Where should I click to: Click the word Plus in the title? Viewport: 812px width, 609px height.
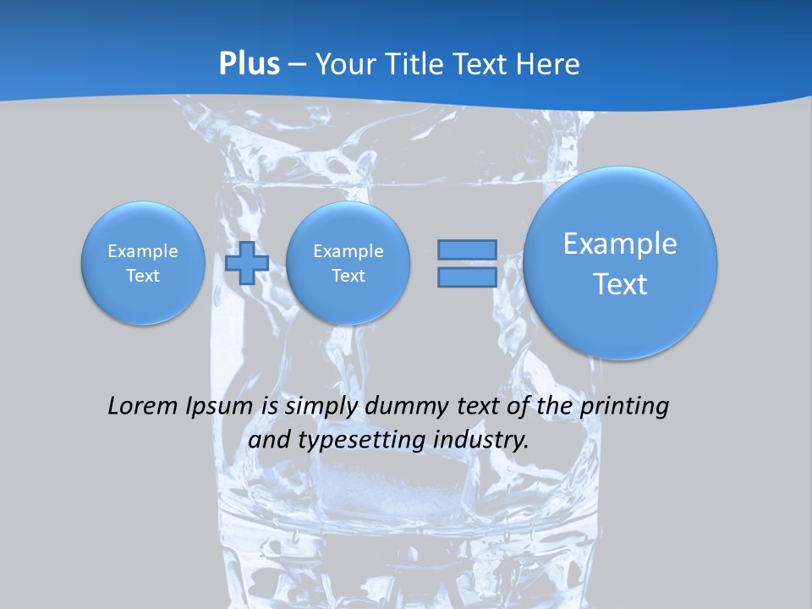click(250, 64)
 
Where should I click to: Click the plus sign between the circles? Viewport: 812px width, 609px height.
click(247, 262)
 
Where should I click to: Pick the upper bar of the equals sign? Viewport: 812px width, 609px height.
click(467, 250)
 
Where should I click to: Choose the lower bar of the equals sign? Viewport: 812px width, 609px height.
click(467, 277)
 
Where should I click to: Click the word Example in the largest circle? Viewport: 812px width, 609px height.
click(620, 244)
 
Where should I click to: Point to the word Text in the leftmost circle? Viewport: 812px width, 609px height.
click(143, 276)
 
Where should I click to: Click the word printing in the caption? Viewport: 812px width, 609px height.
click(627, 406)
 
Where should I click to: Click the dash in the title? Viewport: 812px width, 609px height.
click(297, 64)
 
